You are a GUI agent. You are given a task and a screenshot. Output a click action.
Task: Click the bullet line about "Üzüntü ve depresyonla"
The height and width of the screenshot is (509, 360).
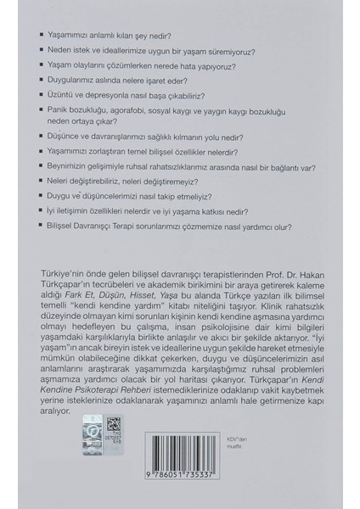tap(145, 96)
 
